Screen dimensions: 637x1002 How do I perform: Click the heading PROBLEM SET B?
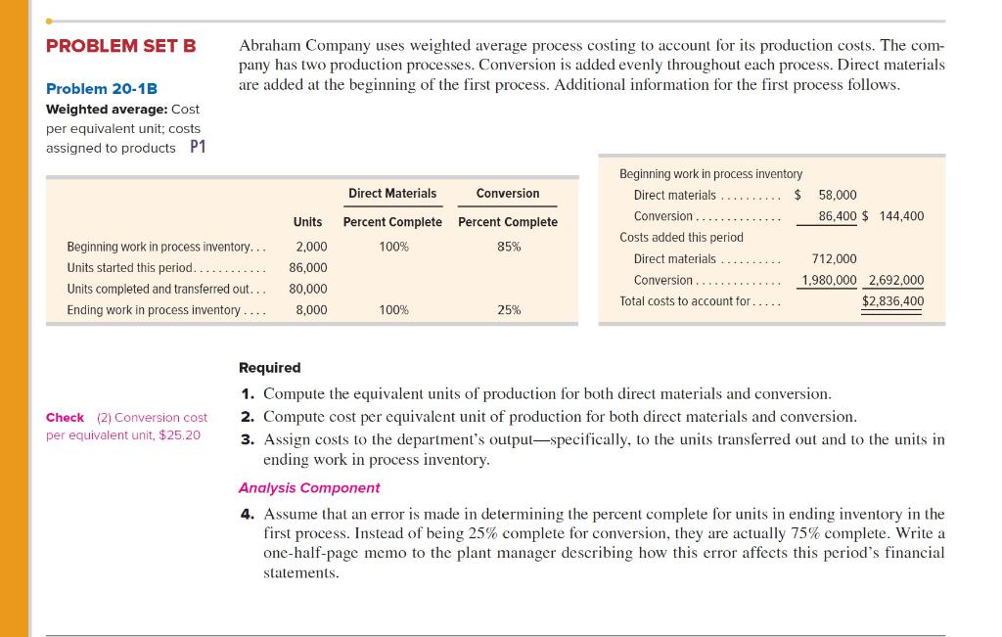[121, 46]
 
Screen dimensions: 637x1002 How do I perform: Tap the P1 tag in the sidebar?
[198, 147]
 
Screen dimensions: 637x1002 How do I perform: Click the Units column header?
[307, 222]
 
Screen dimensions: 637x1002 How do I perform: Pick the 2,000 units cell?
[311, 247]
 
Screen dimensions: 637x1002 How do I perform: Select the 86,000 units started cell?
[308, 267]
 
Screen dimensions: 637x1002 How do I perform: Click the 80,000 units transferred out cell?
[308, 289]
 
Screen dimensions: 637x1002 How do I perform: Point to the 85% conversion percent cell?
[509, 247]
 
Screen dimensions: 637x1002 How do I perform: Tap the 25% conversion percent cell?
[509, 310]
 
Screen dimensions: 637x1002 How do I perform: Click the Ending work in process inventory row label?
[153, 310]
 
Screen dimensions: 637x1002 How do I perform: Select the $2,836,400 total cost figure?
[892, 301]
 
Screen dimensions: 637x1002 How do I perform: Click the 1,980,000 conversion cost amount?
[829, 280]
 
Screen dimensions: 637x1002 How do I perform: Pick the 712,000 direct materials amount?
[834, 258]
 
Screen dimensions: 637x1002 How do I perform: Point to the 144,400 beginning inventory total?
[901, 216]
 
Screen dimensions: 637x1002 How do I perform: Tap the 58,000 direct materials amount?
[837, 195]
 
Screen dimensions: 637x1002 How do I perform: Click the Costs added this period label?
[681, 237]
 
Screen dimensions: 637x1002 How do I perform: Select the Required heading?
[270, 368]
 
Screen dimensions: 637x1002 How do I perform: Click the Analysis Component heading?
[309, 487]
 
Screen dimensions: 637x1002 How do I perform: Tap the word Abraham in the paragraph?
[270, 46]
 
